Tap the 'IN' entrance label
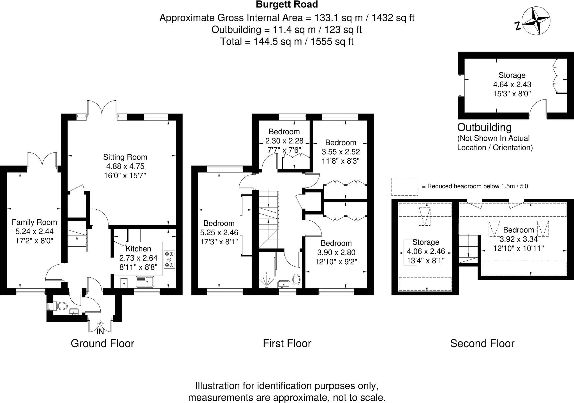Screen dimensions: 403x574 [100, 332]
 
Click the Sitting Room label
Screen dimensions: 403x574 [125, 157]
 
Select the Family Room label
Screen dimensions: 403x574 [34, 223]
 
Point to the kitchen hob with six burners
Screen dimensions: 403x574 [169, 260]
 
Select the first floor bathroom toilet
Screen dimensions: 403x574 [296, 280]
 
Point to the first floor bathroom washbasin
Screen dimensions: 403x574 [284, 284]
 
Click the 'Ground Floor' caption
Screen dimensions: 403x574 [102, 344]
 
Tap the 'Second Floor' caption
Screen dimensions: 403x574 [482, 344]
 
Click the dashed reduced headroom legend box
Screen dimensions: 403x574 [404, 186]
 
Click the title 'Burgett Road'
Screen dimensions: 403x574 [287, 4]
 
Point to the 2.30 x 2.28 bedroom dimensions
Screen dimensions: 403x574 [284, 141]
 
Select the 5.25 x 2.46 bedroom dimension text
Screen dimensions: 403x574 [219, 232]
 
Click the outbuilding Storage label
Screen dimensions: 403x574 [512, 75]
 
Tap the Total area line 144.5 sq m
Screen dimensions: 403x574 [287, 41]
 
